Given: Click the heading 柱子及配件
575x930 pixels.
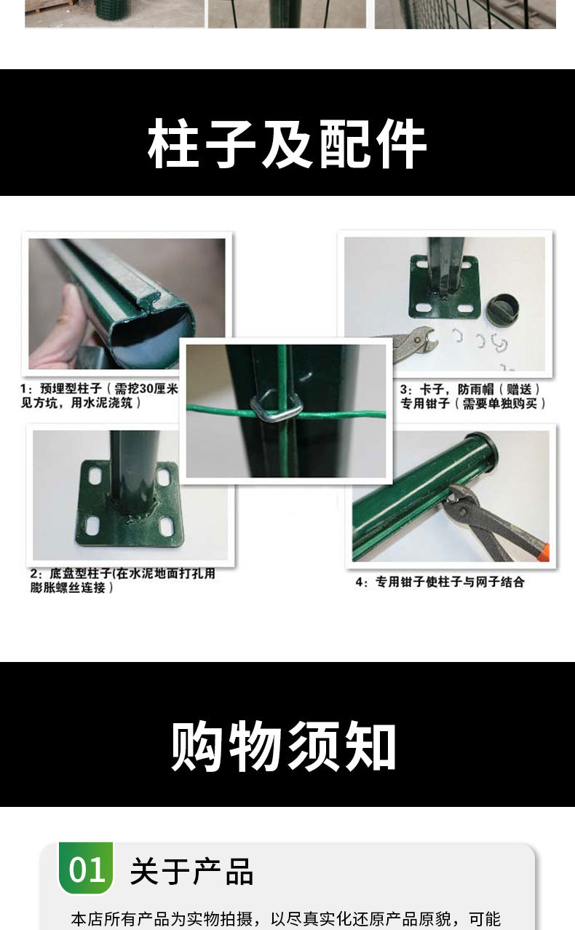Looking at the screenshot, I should tap(287, 144).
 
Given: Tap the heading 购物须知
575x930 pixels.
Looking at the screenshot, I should tap(284, 747).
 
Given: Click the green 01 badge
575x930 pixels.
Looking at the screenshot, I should tap(86, 869).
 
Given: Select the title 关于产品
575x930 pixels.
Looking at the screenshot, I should tap(191, 871).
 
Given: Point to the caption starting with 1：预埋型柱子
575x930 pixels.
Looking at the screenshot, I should tap(99, 395).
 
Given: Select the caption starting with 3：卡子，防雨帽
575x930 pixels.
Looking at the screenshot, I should tap(472, 396).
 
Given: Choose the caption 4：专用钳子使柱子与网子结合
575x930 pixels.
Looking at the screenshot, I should tap(450, 582).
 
